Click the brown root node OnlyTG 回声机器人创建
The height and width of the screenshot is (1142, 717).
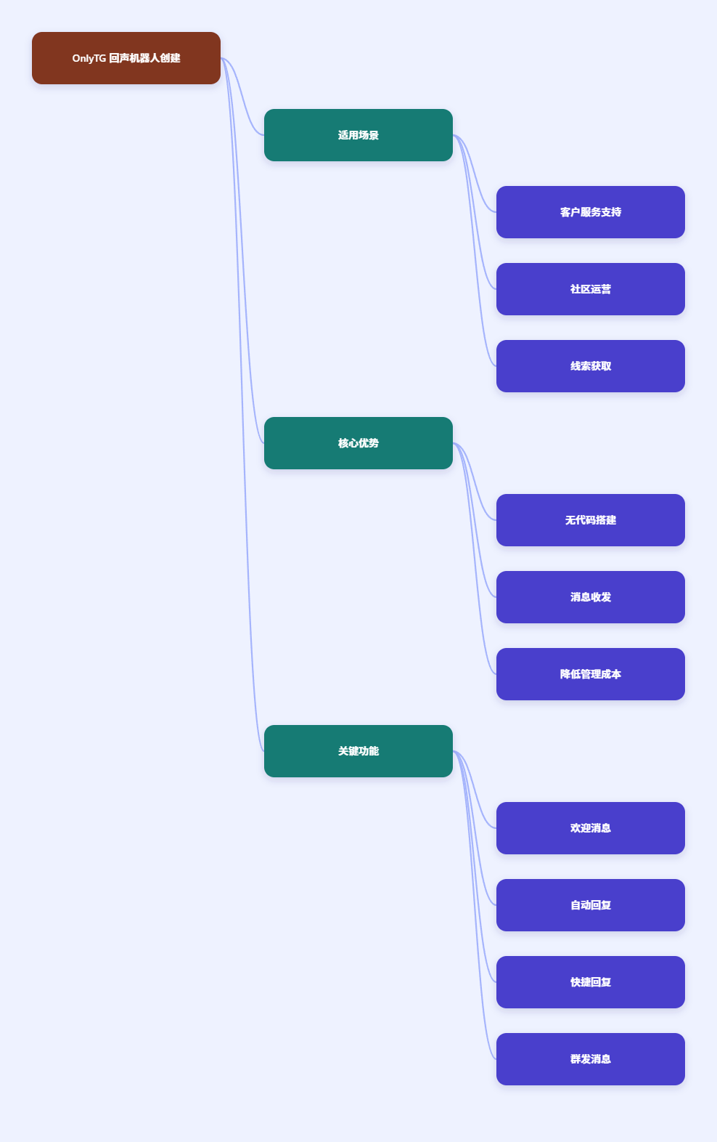pos(126,58)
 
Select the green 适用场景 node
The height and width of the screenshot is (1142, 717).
pos(358,135)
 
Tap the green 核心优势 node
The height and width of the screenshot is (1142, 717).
pos(358,443)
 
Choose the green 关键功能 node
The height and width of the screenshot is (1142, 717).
pos(358,751)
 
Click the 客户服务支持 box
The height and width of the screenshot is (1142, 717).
pos(591,212)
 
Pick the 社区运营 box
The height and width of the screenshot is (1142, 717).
pos(591,289)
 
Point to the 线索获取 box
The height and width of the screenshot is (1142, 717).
pos(591,366)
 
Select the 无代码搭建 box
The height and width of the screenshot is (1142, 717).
pos(591,520)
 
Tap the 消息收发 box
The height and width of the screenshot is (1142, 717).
pos(591,597)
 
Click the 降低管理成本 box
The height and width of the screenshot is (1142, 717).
pos(591,674)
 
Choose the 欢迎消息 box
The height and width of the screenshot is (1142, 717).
pos(591,828)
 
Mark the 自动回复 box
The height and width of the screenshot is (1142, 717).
pos(591,905)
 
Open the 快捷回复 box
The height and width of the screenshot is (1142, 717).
pos(591,982)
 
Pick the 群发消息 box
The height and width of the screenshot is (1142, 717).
pos(591,1059)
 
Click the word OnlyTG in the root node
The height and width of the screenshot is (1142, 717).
pos(89,59)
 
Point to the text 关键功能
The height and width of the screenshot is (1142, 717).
pos(358,751)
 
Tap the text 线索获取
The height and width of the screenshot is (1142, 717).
pos(591,366)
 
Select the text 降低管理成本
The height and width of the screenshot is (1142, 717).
pos(591,674)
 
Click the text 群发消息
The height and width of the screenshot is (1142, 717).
pos(591,1059)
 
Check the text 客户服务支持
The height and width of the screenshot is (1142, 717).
pos(591,212)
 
